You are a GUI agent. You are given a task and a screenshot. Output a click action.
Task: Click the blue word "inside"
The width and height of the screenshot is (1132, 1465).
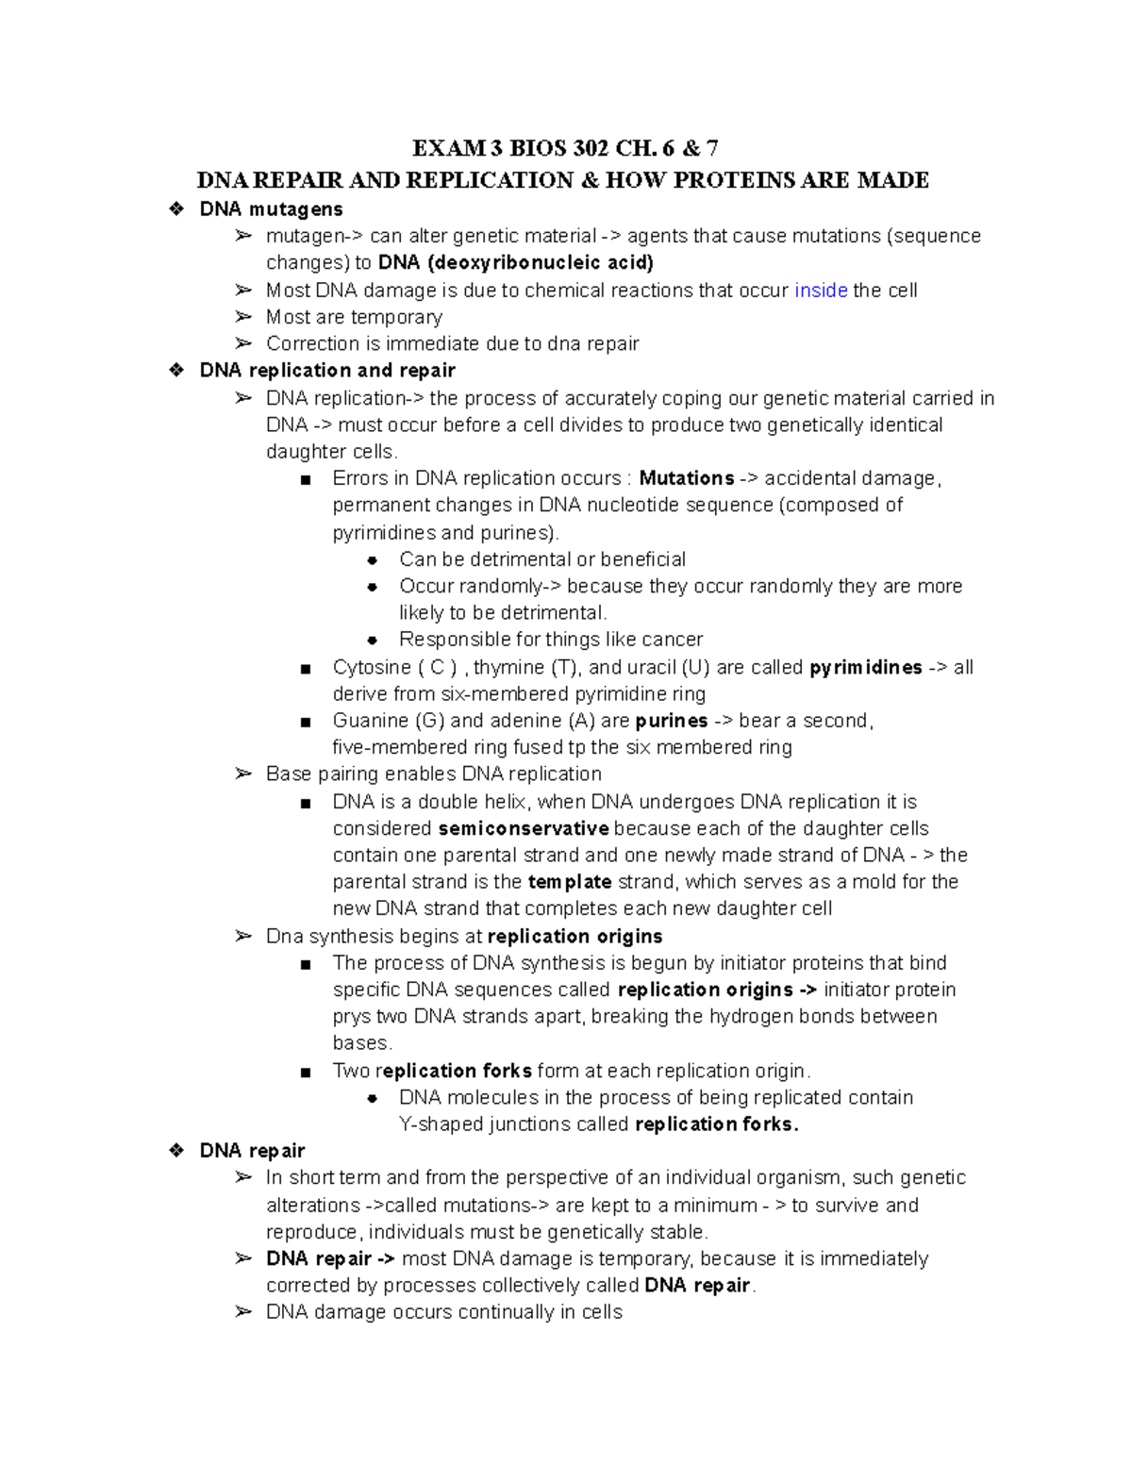[x=821, y=291]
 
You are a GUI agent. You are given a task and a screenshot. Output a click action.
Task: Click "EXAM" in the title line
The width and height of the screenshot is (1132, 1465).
[x=444, y=148]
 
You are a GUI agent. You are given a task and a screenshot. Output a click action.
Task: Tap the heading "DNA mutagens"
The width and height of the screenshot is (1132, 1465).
[x=271, y=209]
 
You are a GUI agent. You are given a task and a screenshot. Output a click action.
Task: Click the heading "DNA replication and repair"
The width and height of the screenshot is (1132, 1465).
[x=327, y=371]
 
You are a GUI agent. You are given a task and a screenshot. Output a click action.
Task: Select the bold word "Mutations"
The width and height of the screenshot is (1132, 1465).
[x=686, y=478]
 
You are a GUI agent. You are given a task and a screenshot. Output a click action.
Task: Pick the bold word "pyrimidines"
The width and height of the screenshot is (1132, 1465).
[x=865, y=668]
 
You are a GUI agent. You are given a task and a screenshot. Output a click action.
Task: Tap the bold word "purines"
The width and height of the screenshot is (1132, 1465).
[x=672, y=722]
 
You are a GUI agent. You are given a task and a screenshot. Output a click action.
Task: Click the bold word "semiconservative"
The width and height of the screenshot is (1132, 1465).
[x=524, y=829]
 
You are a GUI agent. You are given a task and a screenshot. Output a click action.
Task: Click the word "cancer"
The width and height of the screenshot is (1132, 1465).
[x=673, y=640]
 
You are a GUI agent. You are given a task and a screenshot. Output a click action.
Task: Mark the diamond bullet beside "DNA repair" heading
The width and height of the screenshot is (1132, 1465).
[x=175, y=1151]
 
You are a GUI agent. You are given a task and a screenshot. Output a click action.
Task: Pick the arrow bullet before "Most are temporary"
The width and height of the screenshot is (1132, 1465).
[x=243, y=317]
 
